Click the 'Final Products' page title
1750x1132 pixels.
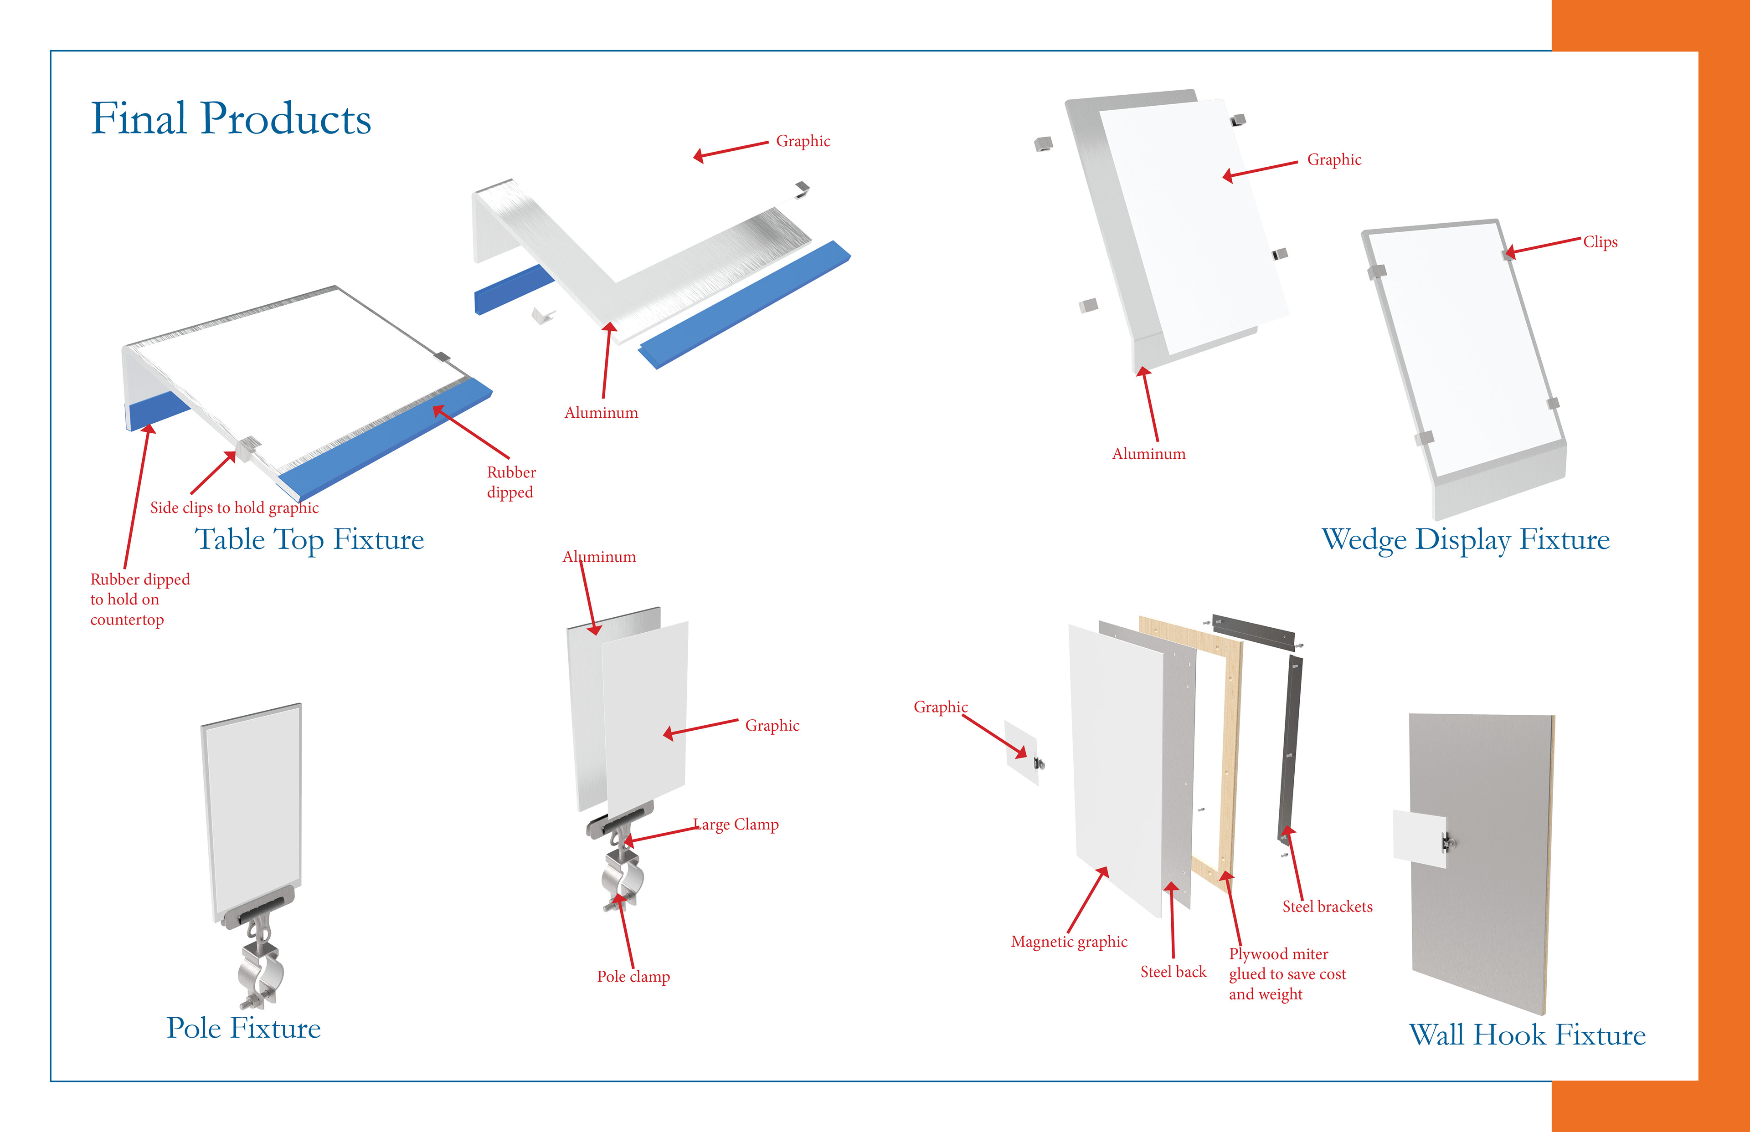pos(231,119)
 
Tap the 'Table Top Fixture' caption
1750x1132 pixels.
pos(309,539)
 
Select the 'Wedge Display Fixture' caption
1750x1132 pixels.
pos(1466,539)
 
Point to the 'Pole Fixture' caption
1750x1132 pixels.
pos(243,1028)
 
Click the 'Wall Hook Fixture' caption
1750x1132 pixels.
pos(1527,1035)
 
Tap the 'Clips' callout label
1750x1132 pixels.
pos(1600,242)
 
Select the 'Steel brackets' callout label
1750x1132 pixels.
pos(1327,907)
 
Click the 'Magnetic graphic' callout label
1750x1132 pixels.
pos(1068,942)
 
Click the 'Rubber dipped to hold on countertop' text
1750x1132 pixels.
pos(140,599)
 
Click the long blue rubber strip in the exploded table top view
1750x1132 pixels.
pos(743,305)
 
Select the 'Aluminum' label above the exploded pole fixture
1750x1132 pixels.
pos(599,557)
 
